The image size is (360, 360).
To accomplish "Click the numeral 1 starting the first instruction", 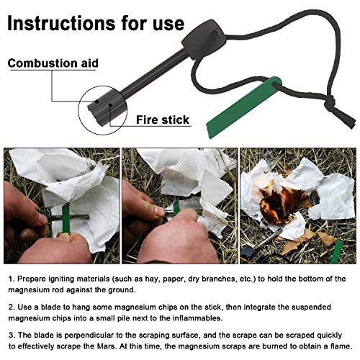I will tap(10, 279).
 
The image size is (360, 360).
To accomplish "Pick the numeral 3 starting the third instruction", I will tap(10, 335).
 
